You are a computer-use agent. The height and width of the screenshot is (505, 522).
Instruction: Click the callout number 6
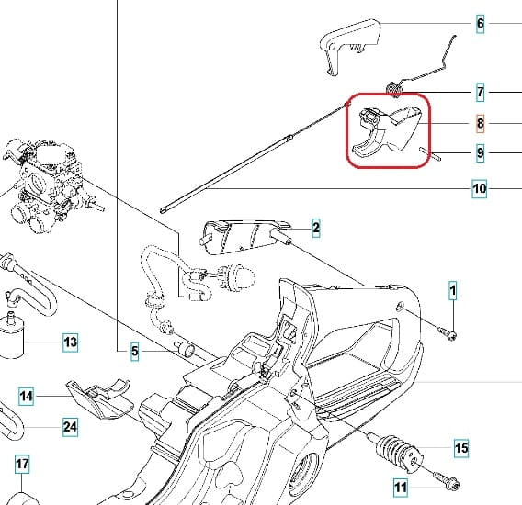(x=480, y=24)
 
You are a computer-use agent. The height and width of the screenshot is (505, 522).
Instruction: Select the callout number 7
(x=480, y=92)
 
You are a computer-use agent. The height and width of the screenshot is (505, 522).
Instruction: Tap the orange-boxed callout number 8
(x=480, y=123)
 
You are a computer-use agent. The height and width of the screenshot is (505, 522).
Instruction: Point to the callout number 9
(x=480, y=153)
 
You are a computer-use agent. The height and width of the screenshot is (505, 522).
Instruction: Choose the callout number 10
(x=480, y=188)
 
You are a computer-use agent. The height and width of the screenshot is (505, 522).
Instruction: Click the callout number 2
(x=316, y=228)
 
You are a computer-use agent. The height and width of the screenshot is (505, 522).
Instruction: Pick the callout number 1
(x=453, y=291)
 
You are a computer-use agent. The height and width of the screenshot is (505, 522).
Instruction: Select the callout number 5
(x=134, y=351)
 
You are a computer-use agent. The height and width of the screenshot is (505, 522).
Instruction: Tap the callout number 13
(x=70, y=342)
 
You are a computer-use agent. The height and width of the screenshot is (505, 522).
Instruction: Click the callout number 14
(x=27, y=397)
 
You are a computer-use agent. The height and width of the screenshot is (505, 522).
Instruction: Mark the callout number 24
(x=70, y=427)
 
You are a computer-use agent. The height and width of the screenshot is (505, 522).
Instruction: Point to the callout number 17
(x=22, y=464)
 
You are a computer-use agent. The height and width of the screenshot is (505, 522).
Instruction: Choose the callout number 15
(x=461, y=448)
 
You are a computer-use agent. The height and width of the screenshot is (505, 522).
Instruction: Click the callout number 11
(x=401, y=488)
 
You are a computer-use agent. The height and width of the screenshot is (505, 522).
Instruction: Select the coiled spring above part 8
(x=395, y=89)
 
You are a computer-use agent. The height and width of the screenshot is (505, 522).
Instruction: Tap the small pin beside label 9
(x=429, y=154)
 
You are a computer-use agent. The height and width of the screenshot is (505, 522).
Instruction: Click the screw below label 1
(x=448, y=333)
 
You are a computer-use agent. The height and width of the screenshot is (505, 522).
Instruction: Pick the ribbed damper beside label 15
(x=399, y=452)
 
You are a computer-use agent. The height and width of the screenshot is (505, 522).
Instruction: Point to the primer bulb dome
(x=244, y=275)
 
